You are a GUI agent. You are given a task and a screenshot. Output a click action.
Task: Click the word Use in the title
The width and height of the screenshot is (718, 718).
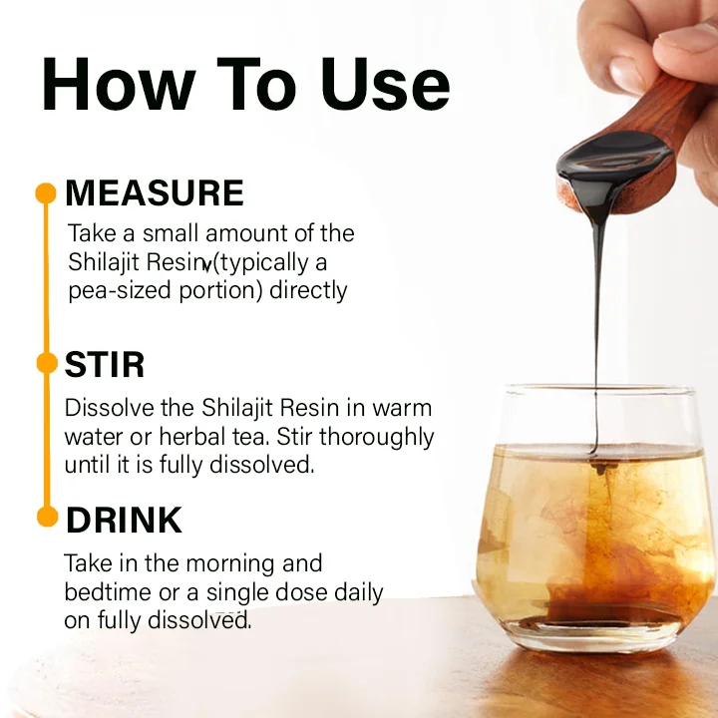385,85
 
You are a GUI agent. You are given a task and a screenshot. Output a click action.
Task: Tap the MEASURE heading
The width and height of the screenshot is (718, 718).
155,192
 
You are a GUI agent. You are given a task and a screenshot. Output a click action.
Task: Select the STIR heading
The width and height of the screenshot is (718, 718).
105,365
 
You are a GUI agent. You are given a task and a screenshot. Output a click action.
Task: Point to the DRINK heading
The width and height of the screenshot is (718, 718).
124,521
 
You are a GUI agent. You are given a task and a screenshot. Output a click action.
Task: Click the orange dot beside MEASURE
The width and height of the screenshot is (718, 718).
46,193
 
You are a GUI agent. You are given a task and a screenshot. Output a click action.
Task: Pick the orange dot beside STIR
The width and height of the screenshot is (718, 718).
47,363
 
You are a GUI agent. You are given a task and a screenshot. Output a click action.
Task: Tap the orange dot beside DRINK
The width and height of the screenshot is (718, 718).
47,517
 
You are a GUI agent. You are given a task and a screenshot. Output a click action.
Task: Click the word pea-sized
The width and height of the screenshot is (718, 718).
120,291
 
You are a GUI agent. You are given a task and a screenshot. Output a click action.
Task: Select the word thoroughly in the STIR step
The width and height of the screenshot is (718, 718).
376,438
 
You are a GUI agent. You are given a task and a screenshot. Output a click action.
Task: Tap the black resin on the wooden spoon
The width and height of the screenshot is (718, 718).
614,162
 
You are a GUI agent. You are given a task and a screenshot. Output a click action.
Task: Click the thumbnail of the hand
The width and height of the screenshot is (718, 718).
626,73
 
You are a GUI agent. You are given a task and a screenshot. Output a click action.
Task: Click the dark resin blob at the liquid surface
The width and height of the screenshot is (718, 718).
599,468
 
